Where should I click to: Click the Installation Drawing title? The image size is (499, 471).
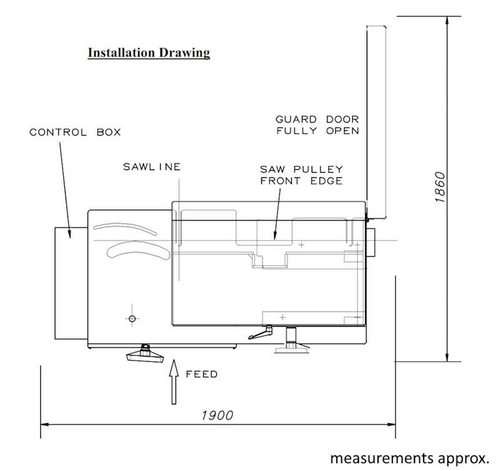[149, 53]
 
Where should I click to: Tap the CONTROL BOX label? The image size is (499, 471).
[75, 132]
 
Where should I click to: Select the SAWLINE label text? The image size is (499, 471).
[152, 167]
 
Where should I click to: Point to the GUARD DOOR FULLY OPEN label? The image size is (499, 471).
[317, 125]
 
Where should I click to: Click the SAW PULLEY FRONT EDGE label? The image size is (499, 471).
[301, 175]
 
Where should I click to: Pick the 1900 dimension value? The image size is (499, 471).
[217, 415]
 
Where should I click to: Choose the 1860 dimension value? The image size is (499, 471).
[440, 187]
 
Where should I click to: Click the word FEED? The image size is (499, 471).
[201, 374]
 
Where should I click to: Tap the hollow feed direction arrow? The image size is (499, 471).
[173, 382]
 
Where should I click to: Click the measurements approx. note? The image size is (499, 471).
[410, 459]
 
